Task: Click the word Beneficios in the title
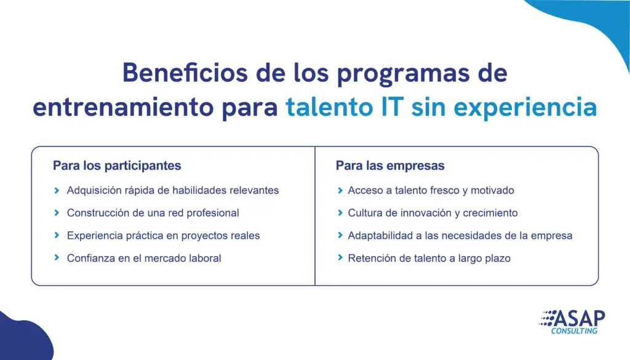point(185,73)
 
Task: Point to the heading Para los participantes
point(117,166)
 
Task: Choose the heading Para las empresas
point(390,166)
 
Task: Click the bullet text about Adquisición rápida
point(173,190)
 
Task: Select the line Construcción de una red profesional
point(153,213)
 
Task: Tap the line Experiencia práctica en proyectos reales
point(163,236)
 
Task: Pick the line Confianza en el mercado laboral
point(144,258)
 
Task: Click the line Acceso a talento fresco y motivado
point(431,190)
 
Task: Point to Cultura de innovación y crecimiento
point(433,213)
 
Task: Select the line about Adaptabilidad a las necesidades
point(460,236)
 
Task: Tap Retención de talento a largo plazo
point(429,258)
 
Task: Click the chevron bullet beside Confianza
point(57,258)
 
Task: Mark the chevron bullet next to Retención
point(340,258)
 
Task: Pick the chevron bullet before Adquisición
point(57,190)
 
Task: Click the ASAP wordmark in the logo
point(579,319)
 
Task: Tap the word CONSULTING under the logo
point(574,331)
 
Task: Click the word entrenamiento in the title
point(123,108)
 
